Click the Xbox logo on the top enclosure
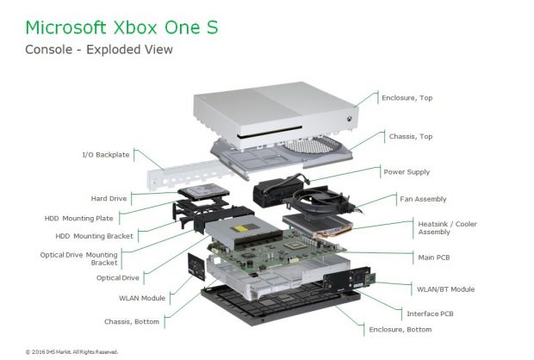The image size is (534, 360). pyautogui.click(x=350, y=119)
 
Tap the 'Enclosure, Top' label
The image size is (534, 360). pyautogui.click(x=407, y=98)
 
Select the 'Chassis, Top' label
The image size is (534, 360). pyautogui.click(x=411, y=137)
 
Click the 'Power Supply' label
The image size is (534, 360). pyautogui.click(x=407, y=172)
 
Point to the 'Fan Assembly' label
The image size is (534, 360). pyautogui.click(x=423, y=199)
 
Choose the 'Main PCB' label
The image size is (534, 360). pyautogui.click(x=434, y=258)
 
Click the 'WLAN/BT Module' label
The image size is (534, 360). pyautogui.click(x=446, y=289)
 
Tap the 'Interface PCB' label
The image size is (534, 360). pyautogui.click(x=430, y=313)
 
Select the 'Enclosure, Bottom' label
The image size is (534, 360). pyautogui.click(x=400, y=330)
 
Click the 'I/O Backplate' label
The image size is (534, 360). pyautogui.click(x=106, y=155)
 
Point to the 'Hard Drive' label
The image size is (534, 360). pyautogui.click(x=109, y=199)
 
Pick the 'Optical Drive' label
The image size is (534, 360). pyautogui.click(x=118, y=278)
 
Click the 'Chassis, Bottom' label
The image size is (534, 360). pyautogui.click(x=132, y=322)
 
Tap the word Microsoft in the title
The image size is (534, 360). pyautogui.click(x=65, y=28)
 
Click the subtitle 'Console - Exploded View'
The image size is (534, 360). pyautogui.click(x=99, y=50)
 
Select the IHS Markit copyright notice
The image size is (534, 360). pyautogui.click(x=71, y=352)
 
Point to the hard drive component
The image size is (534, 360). pyautogui.click(x=203, y=191)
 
